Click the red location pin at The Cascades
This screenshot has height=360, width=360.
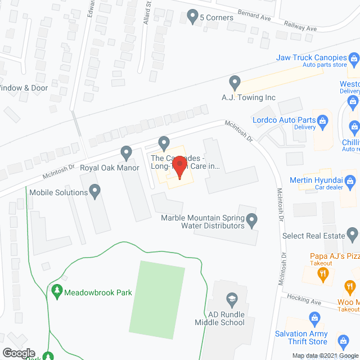[179, 167]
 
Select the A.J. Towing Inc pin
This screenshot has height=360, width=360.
[236, 84]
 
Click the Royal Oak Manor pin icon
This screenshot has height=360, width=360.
[127, 152]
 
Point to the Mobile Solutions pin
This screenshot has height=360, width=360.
[95, 192]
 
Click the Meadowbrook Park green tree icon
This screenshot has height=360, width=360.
[56, 292]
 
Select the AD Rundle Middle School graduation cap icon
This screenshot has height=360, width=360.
[231, 298]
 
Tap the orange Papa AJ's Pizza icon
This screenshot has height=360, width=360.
[323, 274]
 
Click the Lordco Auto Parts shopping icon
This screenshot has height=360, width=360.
[323, 119]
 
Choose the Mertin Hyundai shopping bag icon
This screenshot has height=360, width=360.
[351, 181]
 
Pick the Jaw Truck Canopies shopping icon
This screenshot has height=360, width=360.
[354, 57]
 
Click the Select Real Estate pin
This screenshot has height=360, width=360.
[353, 232]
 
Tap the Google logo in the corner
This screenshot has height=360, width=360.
[19, 353]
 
